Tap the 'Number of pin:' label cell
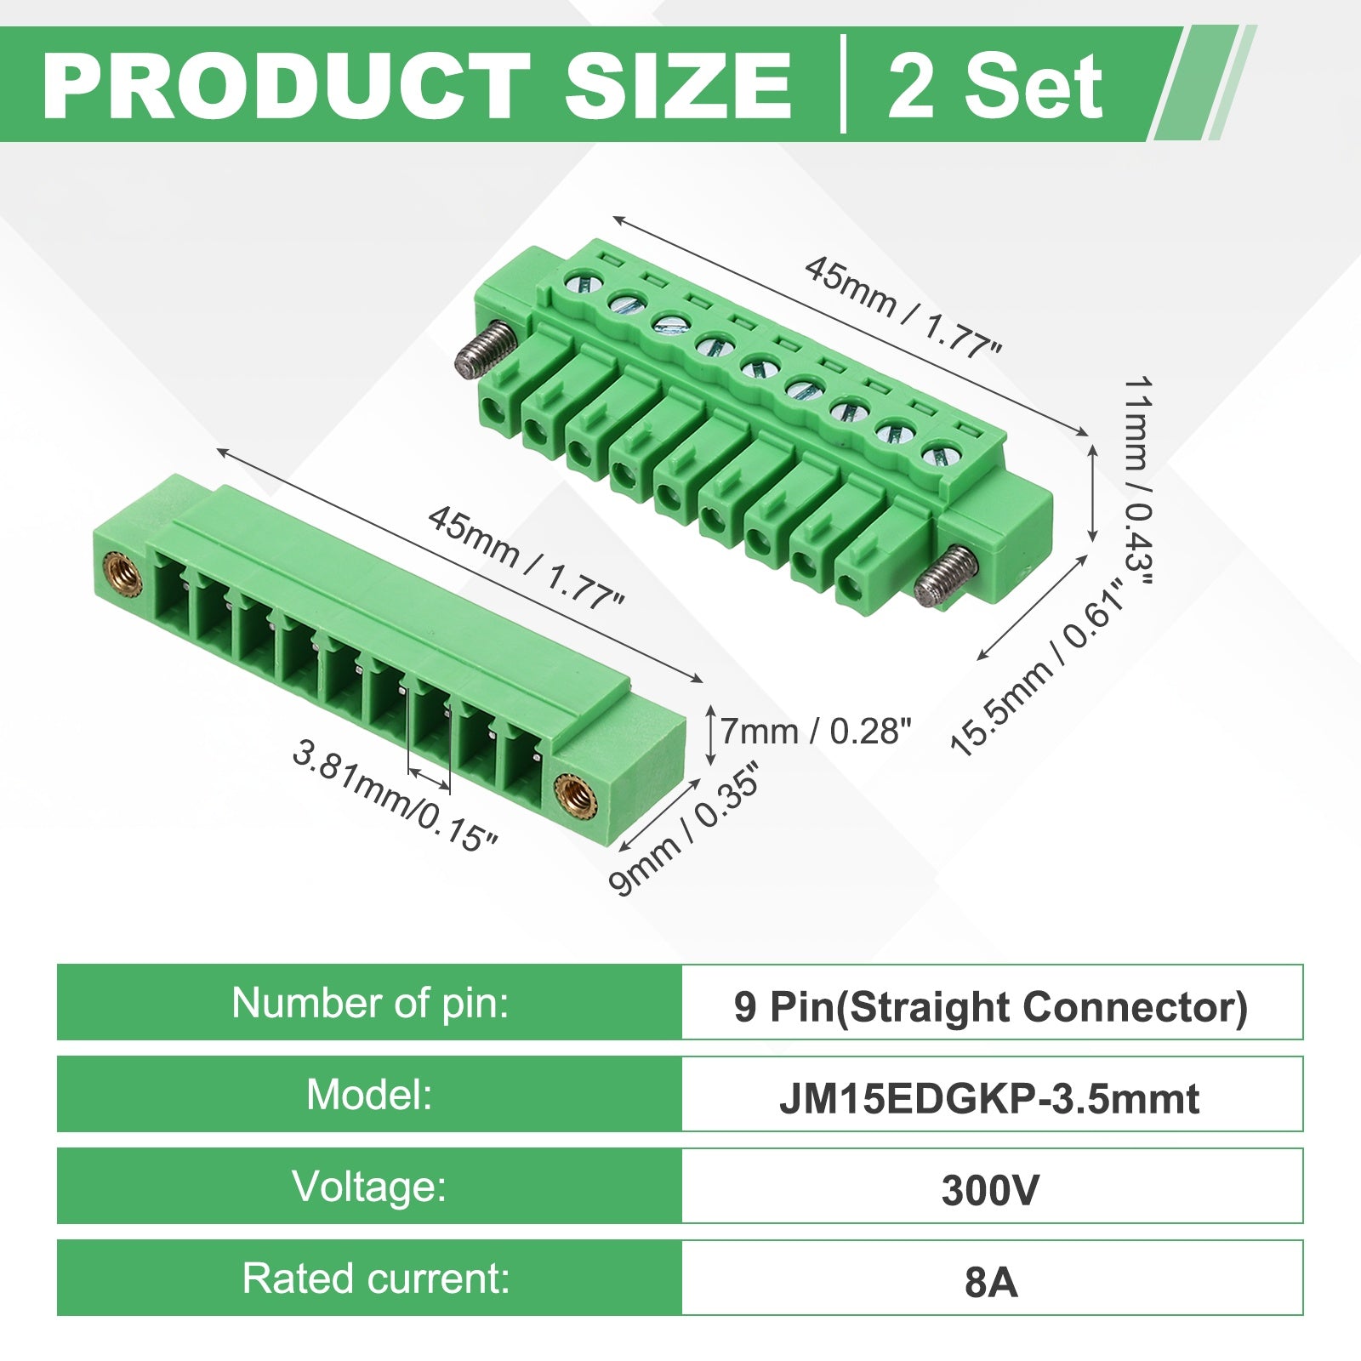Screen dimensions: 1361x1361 click(x=369, y=1002)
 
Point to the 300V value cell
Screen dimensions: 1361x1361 click(x=992, y=1186)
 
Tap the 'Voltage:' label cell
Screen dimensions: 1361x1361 click(x=369, y=1186)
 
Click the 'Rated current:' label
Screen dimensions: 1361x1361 click(x=376, y=1278)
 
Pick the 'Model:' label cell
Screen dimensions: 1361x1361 click(x=369, y=1094)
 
